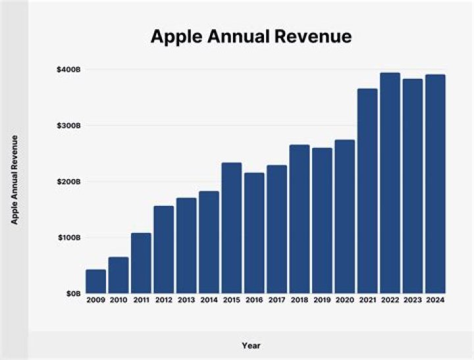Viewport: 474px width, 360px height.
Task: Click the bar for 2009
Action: [95, 281]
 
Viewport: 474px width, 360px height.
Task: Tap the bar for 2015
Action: [232, 228]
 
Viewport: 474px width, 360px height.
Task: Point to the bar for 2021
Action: [367, 191]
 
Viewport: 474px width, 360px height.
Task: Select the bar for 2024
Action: [435, 184]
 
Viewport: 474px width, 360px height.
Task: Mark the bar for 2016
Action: [254, 233]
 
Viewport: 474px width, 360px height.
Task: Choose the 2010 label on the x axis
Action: [118, 301]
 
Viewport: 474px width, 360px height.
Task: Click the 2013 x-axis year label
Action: [186, 301]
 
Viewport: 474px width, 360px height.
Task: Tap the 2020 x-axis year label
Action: [345, 301]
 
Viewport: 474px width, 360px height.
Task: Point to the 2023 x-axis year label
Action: [413, 301]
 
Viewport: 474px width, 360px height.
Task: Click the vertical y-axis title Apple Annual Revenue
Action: [14, 180]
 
